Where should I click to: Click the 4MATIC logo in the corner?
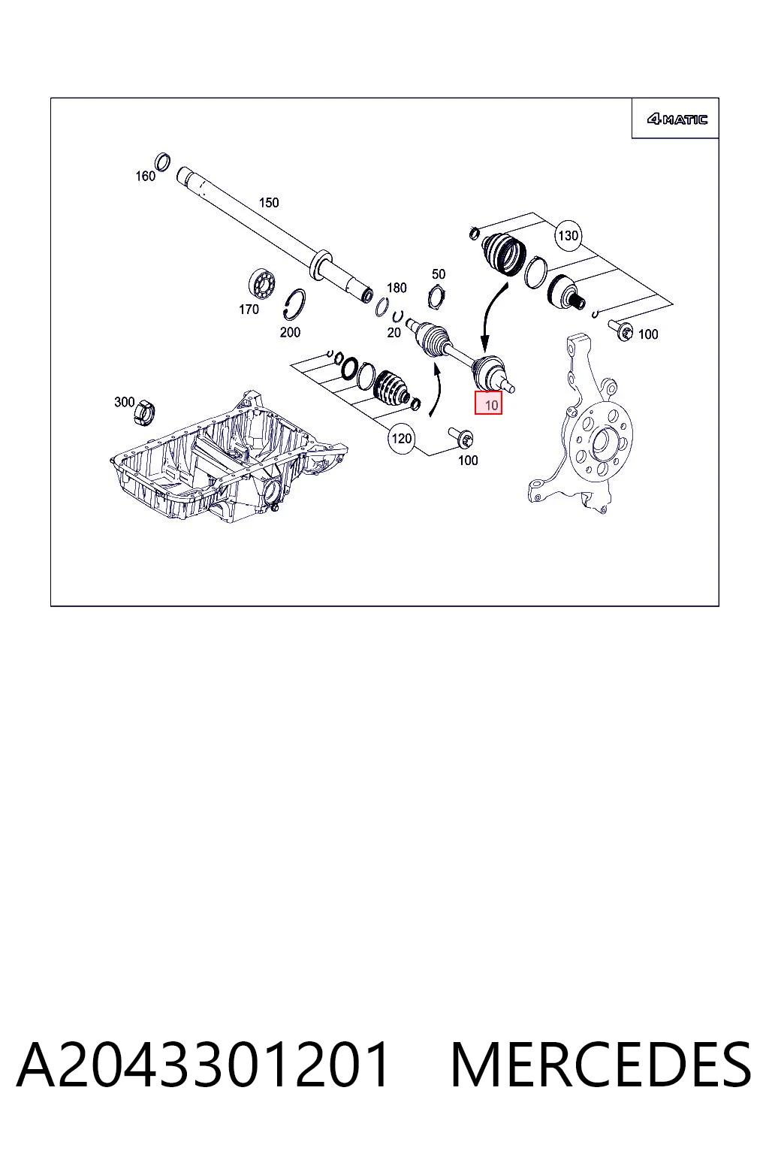(x=677, y=119)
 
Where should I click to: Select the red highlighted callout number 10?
(x=488, y=403)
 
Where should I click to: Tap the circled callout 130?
(x=568, y=235)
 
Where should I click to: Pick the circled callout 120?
(x=401, y=439)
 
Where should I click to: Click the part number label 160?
(x=145, y=177)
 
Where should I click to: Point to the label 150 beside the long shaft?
(x=268, y=202)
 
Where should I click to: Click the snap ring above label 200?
(x=294, y=304)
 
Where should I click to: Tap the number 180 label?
(x=397, y=288)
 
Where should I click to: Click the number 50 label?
(x=439, y=273)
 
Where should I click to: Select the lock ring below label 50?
(x=436, y=298)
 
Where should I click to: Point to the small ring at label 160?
(x=163, y=162)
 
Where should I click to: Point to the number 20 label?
(x=394, y=333)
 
